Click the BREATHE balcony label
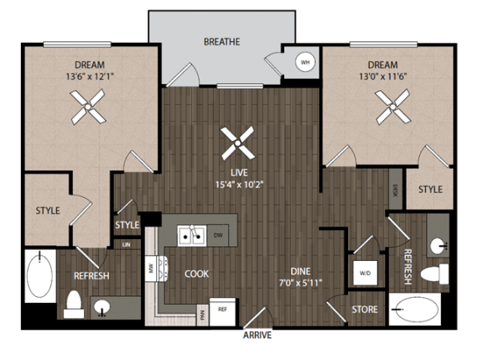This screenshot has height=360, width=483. pos(221,41)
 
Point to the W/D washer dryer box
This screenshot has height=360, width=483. pos(366,274)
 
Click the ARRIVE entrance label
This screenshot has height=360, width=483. pos(258,336)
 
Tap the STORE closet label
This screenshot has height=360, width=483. pos(364,310)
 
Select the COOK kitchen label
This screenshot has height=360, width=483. pos(197,274)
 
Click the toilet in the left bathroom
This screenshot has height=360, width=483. pos(72,303)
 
